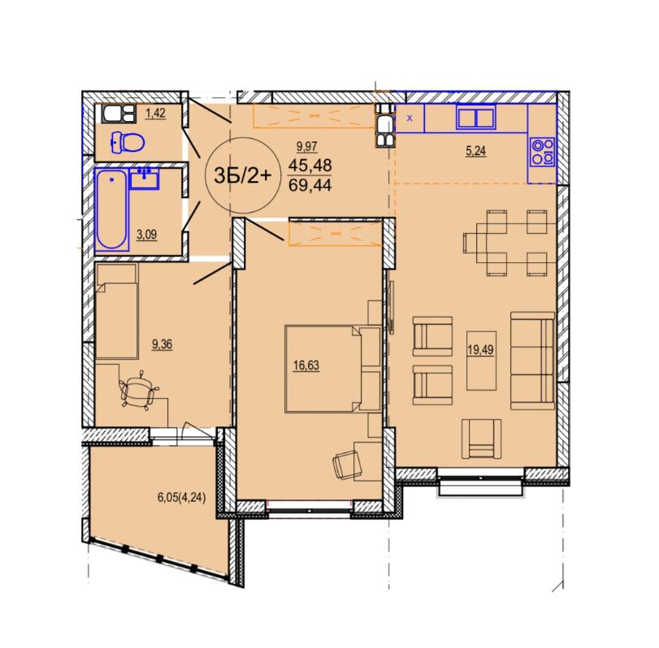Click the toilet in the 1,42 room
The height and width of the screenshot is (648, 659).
click(128, 142)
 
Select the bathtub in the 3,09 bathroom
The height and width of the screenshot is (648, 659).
click(111, 210)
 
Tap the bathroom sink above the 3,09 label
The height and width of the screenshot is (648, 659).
click(145, 179)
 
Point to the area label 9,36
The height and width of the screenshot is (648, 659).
click(162, 345)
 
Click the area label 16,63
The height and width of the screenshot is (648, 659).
click(306, 365)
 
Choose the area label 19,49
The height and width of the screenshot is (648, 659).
click(480, 350)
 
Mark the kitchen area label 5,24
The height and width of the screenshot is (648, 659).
click(475, 151)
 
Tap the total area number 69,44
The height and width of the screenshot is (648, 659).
click(310, 185)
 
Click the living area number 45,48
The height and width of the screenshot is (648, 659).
click(310, 165)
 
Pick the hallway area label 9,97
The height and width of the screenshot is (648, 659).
click(307, 146)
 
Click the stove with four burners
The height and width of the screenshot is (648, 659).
click(543, 152)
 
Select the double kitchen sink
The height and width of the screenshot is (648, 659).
click(475, 117)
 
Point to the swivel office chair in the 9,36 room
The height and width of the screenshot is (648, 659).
click(139, 389)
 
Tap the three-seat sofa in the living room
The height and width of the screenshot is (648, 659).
click(532, 361)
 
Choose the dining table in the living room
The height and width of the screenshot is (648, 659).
click(501, 243)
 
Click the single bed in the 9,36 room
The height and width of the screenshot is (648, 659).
click(117, 311)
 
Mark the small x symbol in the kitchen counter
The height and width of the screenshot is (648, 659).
click(410, 119)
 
